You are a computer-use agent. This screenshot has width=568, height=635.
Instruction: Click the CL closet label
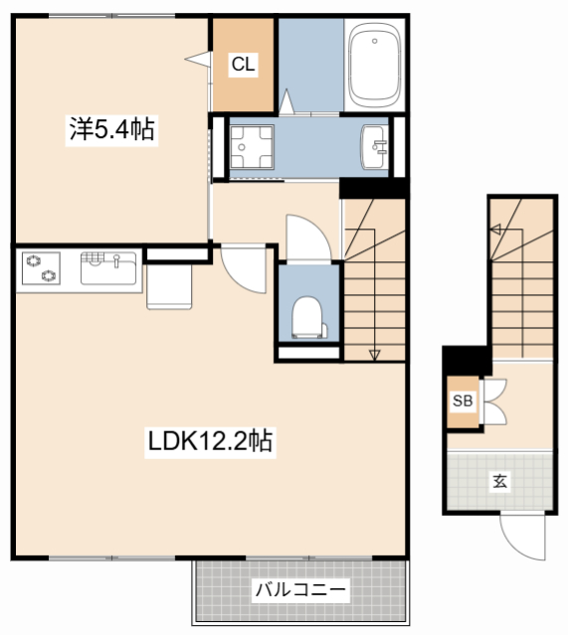click(x=244, y=64)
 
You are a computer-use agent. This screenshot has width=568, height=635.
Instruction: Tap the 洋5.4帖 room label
click(x=111, y=129)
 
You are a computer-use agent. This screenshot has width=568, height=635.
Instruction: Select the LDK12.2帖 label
click(x=210, y=441)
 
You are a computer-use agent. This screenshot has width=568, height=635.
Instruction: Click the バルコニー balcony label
click(x=300, y=589)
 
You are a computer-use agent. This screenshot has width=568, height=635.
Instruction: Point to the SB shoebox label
click(x=463, y=400)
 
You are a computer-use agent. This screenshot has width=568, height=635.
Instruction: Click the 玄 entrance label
click(x=500, y=481)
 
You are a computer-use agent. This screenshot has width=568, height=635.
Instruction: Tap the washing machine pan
click(x=252, y=147)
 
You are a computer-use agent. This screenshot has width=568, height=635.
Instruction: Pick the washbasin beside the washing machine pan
click(x=374, y=147)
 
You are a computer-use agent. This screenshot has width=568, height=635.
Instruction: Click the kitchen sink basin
click(x=108, y=268)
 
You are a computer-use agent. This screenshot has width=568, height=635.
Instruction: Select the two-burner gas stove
click(x=41, y=268)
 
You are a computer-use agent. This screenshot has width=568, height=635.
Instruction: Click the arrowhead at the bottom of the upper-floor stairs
click(x=374, y=355)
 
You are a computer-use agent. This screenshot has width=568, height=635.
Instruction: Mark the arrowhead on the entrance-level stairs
click(x=495, y=230)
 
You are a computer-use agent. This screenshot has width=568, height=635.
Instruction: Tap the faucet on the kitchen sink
click(x=116, y=260)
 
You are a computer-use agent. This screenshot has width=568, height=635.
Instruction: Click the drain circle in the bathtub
click(x=375, y=41)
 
